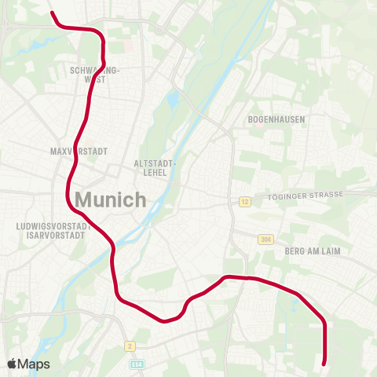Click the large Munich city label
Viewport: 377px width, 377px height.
[x=111, y=199]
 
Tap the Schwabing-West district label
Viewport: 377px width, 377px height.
[x=95, y=75]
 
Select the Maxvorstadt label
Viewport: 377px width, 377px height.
[x=78, y=150]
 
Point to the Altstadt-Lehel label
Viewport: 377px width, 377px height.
[x=154, y=167]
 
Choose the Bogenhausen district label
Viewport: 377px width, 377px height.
[x=276, y=119]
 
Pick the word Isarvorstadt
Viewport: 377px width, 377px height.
[x=50, y=235]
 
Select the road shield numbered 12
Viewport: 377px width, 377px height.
[x=244, y=202]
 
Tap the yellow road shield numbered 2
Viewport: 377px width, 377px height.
[x=130, y=346]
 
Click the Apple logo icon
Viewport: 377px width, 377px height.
[x=11, y=364]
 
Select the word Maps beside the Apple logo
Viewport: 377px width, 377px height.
[x=33, y=364]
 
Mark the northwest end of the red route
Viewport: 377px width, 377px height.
[x=52, y=13]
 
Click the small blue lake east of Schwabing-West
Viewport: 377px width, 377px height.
[x=172, y=101]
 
